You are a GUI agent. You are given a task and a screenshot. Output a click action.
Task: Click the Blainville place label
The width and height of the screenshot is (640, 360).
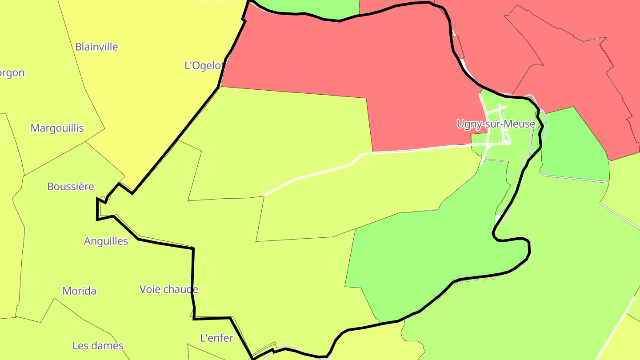(96, 47)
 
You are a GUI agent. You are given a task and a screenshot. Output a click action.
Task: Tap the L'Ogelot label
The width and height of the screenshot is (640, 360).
(204, 65)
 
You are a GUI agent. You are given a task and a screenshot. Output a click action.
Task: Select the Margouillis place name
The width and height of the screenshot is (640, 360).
(57, 128)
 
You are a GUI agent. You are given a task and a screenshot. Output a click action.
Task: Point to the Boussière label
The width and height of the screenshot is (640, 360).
(71, 186)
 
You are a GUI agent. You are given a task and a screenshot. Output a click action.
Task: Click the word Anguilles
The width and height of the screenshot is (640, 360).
(106, 241)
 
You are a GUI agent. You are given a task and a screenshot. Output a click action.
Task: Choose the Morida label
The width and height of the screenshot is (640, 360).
(79, 291)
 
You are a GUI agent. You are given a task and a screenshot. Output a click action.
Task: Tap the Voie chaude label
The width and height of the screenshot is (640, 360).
(168, 289)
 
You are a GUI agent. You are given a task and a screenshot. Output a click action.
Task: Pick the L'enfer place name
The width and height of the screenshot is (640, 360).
(216, 338)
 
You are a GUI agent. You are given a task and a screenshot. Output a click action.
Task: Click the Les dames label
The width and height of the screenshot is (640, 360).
(98, 345)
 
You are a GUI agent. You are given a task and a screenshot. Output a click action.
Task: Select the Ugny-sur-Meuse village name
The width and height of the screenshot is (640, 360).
(496, 124)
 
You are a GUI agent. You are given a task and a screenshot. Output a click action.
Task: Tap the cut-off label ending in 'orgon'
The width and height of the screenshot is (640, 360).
(12, 73)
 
